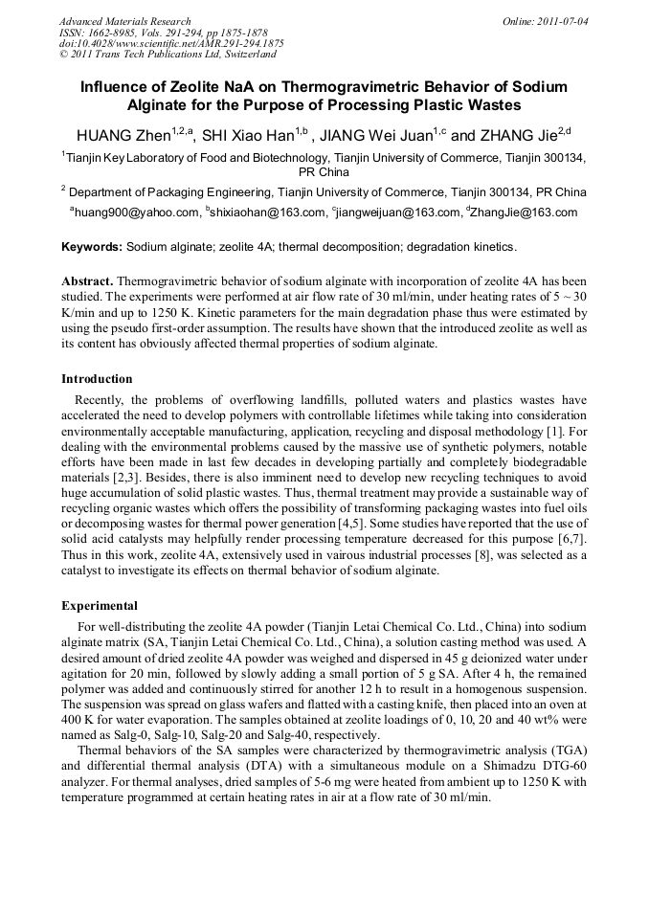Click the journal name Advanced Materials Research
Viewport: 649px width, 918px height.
pyautogui.click(x=124, y=21)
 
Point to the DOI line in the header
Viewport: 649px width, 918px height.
pyautogui.click(x=171, y=43)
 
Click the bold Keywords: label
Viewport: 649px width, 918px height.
pyautogui.click(x=92, y=247)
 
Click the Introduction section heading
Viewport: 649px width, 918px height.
pyautogui.click(x=97, y=379)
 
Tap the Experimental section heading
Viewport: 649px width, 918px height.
pyautogui.click(x=100, y=606)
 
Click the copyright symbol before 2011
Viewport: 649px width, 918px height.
pyautogui.click(x=63, y=55)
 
